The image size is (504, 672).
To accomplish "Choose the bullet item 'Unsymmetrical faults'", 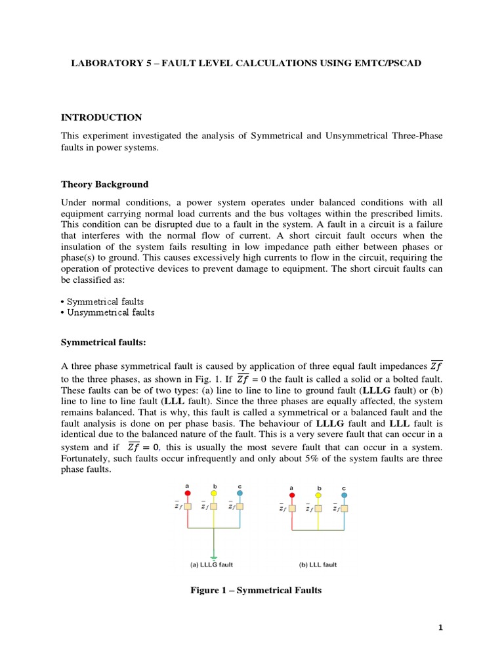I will pyautogui.click(x=110, y=312).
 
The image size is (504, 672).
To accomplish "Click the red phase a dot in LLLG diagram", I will pyautogui.click(x=187, y=493).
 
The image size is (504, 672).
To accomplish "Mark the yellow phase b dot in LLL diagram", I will pyautogui.click(x=318, y=495).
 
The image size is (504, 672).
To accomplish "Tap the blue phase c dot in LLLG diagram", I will pyautogui.click(x=240, y=493).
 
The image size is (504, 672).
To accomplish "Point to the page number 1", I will pyautogui.click(x=441, y=627).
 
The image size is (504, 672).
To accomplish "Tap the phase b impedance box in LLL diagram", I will pyautogui.click(x=318, y=508).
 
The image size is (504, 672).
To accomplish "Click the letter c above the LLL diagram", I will pyautogui.click(x=344, y=488).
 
